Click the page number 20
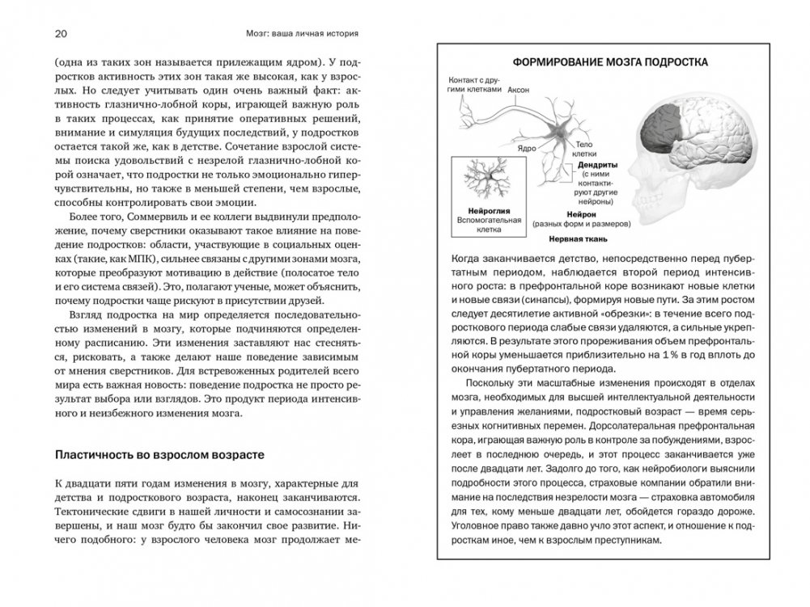(60, 34)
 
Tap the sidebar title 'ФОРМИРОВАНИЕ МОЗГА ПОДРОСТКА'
(612, 61)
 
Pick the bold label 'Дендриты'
(599, 163)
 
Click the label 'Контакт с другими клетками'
(473, 85)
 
